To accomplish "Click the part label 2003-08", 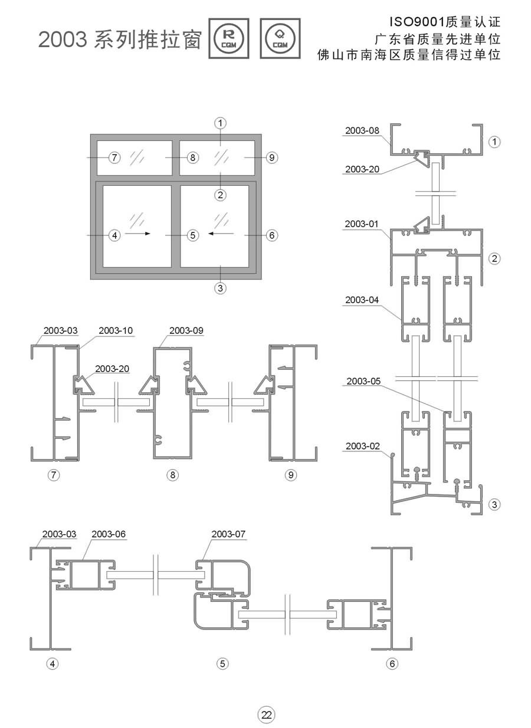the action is [362, 130].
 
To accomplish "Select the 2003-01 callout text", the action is [361, 224].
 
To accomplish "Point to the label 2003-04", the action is [362, 300].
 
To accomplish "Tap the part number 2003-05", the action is [363, 381].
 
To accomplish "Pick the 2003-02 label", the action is [363, 446].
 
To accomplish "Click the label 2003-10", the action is [116, 330].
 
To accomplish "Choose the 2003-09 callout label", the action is [186, 330].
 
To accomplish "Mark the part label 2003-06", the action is [108, 534].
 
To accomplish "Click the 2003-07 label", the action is [228, 534].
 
